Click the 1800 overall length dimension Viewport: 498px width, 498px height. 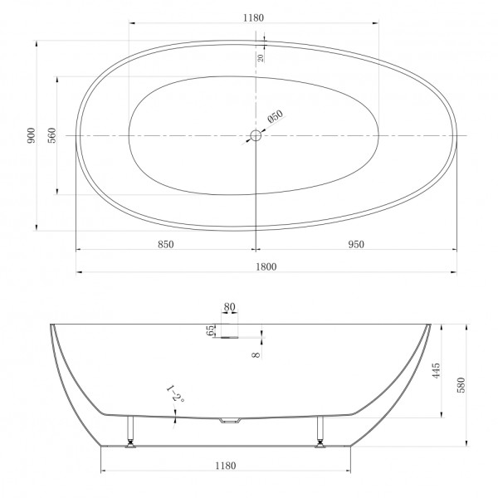266,266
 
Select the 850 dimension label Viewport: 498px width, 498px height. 165,244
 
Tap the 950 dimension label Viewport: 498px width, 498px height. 357,244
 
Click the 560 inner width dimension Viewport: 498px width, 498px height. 51,135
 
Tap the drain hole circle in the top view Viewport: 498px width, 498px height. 256,135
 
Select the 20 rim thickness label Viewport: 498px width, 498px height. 261,57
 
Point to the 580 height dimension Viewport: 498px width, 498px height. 462,385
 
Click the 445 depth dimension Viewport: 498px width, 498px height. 437,369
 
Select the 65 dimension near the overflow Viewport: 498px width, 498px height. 211,330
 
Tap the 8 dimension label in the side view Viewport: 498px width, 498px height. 256,354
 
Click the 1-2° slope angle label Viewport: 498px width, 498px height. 175,393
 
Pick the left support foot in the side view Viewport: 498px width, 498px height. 129,432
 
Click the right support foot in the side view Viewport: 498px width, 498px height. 320,432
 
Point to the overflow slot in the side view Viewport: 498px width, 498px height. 228,336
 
